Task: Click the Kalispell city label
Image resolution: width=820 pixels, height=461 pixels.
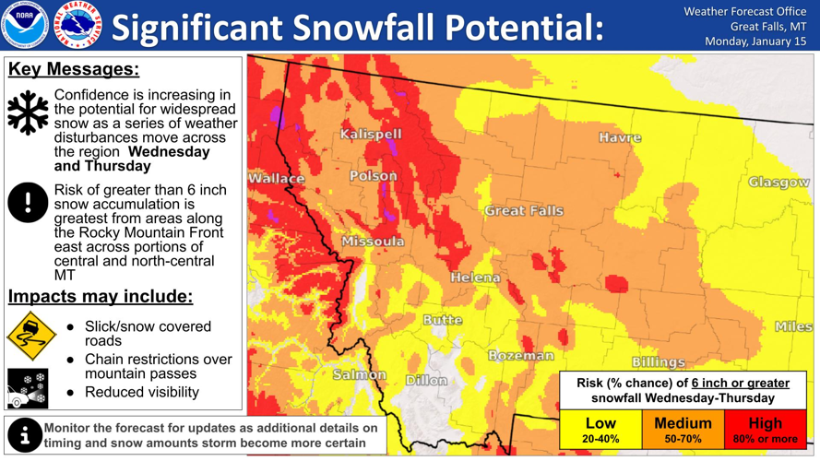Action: tap(371, 135)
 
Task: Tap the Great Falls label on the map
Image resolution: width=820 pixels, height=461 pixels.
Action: tap(524, 211)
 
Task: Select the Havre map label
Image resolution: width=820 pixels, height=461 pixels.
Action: tap(620, 137)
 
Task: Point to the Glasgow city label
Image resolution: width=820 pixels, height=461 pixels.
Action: tap(778, 183)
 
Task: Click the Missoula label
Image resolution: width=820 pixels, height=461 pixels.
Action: tap(373, 242)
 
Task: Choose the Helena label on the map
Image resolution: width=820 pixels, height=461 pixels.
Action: tap(476, 278)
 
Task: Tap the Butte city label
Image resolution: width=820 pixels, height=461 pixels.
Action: tap(443, 320)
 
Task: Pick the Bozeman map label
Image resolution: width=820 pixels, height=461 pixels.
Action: tap(521, 355)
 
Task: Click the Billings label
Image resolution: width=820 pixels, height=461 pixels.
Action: tap(659, 362)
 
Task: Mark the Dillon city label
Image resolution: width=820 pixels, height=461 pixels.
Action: tap(426, 380)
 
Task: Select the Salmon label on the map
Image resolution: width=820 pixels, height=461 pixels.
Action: tap(360, 374)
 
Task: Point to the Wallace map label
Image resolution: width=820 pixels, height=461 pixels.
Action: tap(276, 179)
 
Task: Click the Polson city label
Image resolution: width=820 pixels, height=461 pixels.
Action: tap(374, 176)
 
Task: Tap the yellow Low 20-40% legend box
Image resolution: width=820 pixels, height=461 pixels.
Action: tap(600, 430)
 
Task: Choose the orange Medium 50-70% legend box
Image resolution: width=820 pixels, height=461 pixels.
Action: tap(683, 430)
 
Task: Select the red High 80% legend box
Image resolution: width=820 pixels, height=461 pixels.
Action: tap(766, 430)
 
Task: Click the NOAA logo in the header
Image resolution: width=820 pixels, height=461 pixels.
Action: tap(25, 25)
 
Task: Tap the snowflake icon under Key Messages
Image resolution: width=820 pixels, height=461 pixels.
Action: tap(28, 112)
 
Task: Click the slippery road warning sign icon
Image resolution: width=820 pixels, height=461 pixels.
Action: tap(30, 336)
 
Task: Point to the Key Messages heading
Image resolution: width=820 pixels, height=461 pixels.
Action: tap(74, 70)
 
